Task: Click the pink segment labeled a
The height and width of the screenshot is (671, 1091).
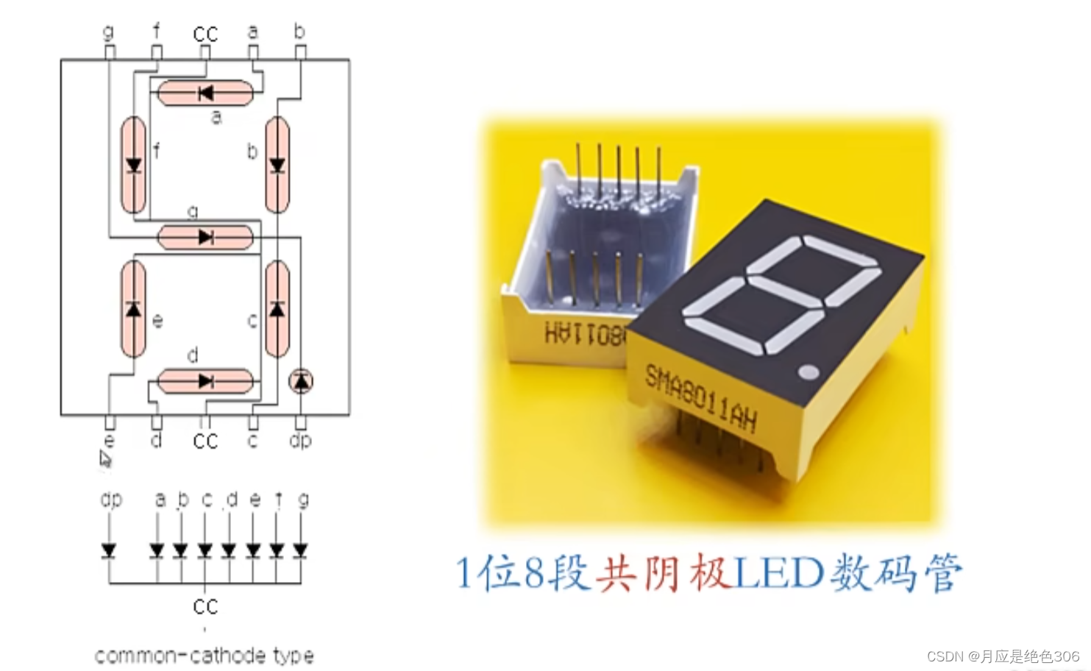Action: (x=206, y=93)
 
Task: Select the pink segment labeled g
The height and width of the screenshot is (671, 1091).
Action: (x=206, y=237)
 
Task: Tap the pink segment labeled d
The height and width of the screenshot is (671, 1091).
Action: (x=206, y=381)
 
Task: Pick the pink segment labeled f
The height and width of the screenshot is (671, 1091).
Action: (x=133, y=165)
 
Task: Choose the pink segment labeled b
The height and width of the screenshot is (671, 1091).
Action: (x=277, y=165)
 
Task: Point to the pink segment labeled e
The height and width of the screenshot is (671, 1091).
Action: (x=133, y=309)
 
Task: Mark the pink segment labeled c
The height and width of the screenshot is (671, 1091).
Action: (x=277, y=309)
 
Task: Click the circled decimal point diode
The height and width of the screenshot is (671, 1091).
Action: (x=301, y=380)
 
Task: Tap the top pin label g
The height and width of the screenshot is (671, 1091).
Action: (x=109, y=32)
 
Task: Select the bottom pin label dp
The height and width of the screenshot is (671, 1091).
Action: (x=300, y=440)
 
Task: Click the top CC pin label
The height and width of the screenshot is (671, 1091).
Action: (x=205, y=34)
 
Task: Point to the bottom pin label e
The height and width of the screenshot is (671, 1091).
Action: (x=110, y=441)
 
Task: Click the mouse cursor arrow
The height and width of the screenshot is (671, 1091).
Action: (x=105, y=459)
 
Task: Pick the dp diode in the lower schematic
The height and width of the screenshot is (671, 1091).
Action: (x=110, y=550)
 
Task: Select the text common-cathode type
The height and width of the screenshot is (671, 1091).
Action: (x=205, y=656)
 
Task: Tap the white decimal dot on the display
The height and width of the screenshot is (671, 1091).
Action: (x=808, y=372)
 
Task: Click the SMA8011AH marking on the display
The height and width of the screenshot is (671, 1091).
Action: (x=700, y=397)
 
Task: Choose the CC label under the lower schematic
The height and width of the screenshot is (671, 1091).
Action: (x=205, y=606)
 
